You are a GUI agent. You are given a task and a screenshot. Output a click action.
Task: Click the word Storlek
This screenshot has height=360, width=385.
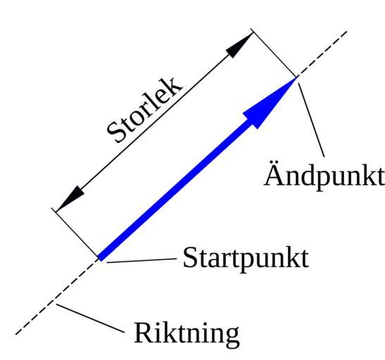pyautogui.click(x=145, y=110)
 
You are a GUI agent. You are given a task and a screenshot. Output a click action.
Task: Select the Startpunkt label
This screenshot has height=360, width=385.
pyautogui.click(x=246, y=259)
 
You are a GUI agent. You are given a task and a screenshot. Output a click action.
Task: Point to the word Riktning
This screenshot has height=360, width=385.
pyautogui.click(x=187, y=334)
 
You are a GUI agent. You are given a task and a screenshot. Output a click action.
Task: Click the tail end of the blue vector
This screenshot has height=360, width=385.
pyautogui.click(x=100, y=258)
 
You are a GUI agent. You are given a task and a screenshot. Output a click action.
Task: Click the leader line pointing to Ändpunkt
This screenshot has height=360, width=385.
pyautogui.click(x=311, y=120)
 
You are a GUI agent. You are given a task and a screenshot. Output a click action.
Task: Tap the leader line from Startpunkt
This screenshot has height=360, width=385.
pyautogui.click(x=141, y=260)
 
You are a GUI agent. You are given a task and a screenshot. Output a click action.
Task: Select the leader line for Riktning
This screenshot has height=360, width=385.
pyautogui.click(x=90, y=319)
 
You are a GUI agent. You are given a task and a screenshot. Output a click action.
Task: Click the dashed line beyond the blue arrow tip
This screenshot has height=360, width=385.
pyautogui.click(x=322, y=53)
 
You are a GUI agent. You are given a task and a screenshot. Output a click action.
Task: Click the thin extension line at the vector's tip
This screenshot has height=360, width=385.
pyautogui.click(x=274, y=53)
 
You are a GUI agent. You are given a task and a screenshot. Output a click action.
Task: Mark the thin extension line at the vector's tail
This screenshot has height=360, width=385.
pyautogui.click(x=75, y=233)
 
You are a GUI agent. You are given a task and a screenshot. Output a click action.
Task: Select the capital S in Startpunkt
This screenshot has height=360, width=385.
pyautogui.click(x=190, y=257)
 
